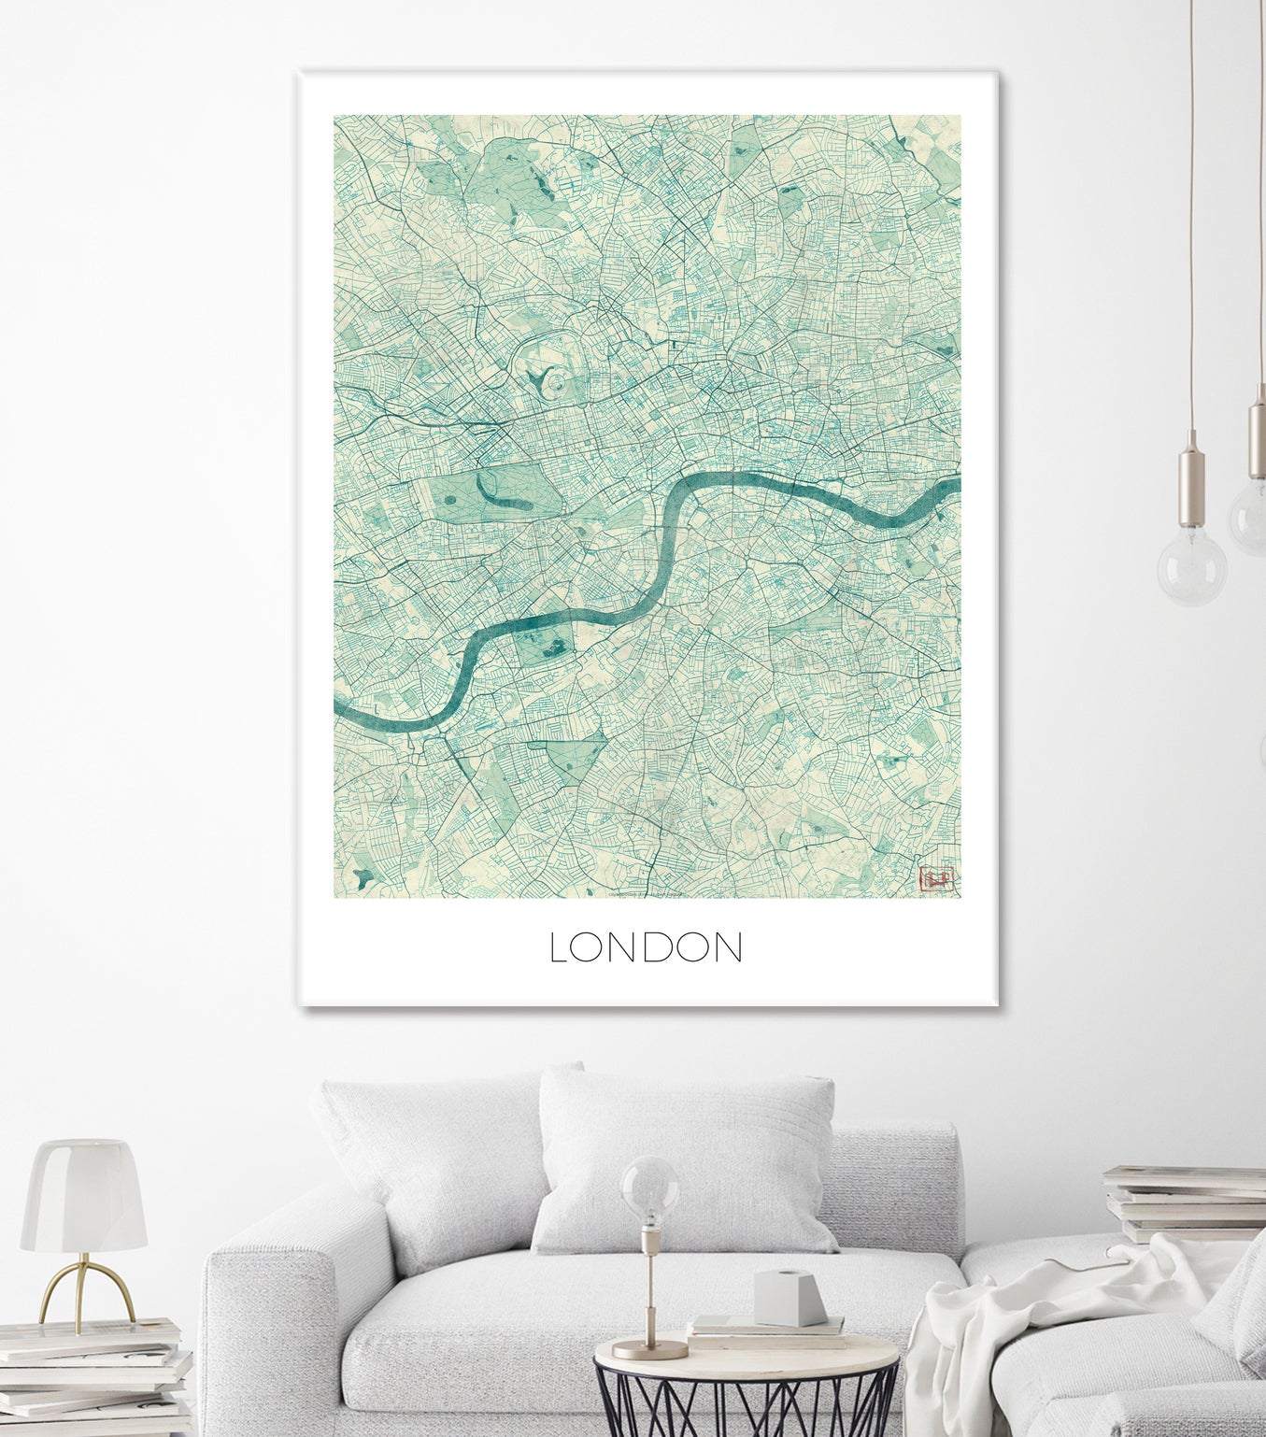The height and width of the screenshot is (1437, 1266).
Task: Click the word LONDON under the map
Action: (x=646, y=947)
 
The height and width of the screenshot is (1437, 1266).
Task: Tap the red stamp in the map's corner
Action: (x=937, y=879)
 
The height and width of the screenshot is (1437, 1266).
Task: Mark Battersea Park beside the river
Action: (x=547, y=644)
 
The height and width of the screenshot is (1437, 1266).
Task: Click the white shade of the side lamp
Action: (x=83, y=1196)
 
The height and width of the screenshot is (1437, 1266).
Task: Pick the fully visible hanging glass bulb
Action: (x=1192, y=565)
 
